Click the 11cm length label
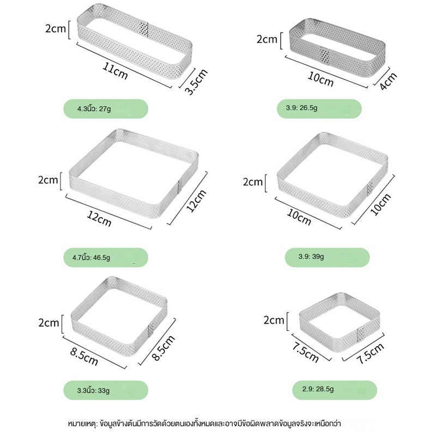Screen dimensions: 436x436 pyautogui.click(x=115, y=71)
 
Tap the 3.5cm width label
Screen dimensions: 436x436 pyautogui.click(x=196, y=82)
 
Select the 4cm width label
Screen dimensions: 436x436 pyautogui.click(x=388, y=81)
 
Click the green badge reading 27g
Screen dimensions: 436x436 pyautogui.click(x=106, y=108)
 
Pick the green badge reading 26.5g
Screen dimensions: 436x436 pyautogui.click(x=319, y=108)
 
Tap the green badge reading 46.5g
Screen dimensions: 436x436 pyautogui.click(x=106, y=257)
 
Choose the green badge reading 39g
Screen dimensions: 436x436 pyautogui.click(x=327, y=257)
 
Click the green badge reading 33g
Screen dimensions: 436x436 pyautogui.click(x=106, y=390)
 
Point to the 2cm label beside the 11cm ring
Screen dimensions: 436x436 pyautogui.click(x=56, y=29)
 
